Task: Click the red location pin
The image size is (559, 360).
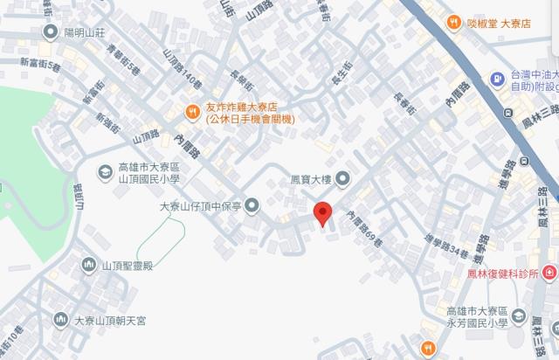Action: point(322,213)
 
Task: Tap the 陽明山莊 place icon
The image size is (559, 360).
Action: point(50,32)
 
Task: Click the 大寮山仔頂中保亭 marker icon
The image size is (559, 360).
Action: point(252,206)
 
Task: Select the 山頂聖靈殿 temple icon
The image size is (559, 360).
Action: point(88,265)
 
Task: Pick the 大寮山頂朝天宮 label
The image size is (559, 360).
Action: point(109,321)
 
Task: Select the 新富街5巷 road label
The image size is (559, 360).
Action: point(40,67)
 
